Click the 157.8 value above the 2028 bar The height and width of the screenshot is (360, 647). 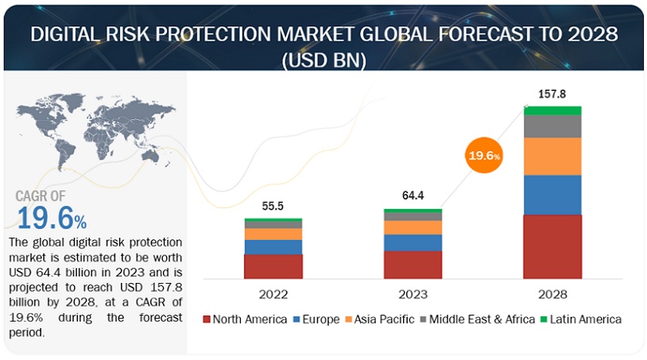pyautogui.click(x=552, y=94)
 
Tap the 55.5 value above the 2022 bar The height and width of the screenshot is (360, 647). pyautogui.click(x=273, y=205)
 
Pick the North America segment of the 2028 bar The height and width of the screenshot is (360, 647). pyautogui.click(x=552, y=246)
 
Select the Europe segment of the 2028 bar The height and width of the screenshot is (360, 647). pyautogui.click(x=552, y=195)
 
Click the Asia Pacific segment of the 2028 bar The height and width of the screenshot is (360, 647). pyautogui.click(x=552, y=156)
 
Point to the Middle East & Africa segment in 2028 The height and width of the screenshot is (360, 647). pyautogui.click(x=552, y=126)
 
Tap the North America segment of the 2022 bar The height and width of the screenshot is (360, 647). pyautogui.click(x=273, y=266)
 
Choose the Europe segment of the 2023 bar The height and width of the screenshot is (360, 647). pyautogui.click(x=413, y=242)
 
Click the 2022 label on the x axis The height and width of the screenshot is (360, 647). pyautogui.click(x=273, y=294)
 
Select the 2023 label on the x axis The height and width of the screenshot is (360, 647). pyautogui.click(x=413, y=294)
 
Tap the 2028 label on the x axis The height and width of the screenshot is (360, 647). pyautogui.click(x=552, y=294)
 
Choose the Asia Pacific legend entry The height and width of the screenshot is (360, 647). pyautogui.click(x=379, y=319)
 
